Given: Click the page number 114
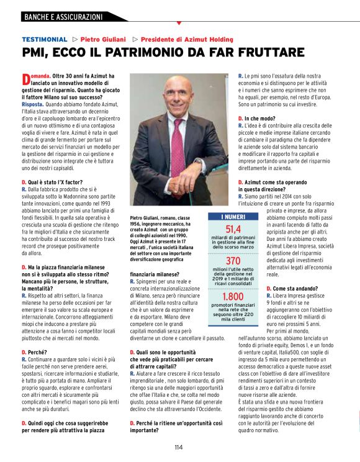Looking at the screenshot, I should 179,446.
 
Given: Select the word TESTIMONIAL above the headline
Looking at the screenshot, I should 44,39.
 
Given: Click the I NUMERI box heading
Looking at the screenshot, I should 233,217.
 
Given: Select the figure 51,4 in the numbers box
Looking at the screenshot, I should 233,230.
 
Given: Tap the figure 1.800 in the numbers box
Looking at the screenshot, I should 233,297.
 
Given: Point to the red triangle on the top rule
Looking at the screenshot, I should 179,23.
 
